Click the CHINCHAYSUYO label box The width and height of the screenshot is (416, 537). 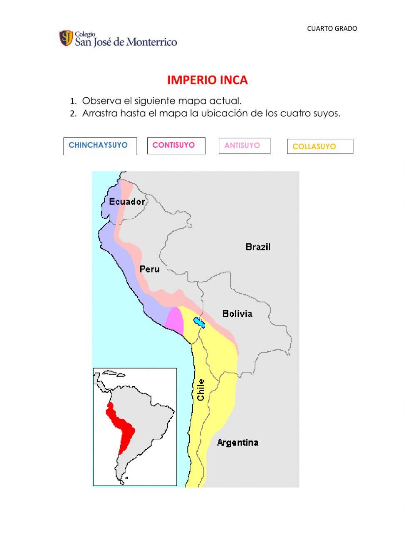[100, 146]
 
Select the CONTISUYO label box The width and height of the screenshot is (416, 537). [176, 146]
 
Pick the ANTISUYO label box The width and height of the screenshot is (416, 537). [244, 146]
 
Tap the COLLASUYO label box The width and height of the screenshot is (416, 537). [319, 146]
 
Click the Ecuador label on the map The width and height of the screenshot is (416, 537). [127, 201]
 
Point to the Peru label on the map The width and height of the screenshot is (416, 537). [149, 269]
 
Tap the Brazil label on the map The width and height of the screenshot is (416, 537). [258, 247]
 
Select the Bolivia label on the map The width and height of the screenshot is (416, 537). [237, 314]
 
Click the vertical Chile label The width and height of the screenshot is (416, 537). [201, 390]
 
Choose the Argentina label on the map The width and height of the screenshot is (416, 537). [238, 443]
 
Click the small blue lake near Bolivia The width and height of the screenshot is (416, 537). [199, 322]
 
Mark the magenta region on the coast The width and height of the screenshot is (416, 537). [175, 320]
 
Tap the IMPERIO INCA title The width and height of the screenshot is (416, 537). [207, 80]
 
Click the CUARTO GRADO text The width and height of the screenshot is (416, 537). [332, 29]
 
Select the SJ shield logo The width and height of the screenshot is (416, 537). [66, 38]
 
